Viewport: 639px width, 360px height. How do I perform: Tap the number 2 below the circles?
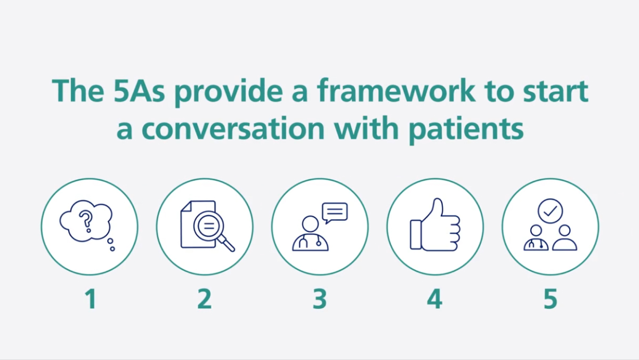[x=204, y=299]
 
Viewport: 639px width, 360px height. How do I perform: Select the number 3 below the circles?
[x=319, y=299]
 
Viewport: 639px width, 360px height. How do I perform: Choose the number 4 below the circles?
[x=434, y=299]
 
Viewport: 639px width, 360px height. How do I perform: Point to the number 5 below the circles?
[x=550, y=299]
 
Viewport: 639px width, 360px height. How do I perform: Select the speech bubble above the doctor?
[x=335, y=212]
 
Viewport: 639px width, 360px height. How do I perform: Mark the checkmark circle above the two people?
[x=550, y=210]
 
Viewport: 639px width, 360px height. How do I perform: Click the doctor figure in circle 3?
[x=310, y=235]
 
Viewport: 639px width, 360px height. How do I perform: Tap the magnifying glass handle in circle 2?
[x=228, y=245]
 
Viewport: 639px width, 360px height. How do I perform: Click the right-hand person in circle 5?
[x=564, y=238]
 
